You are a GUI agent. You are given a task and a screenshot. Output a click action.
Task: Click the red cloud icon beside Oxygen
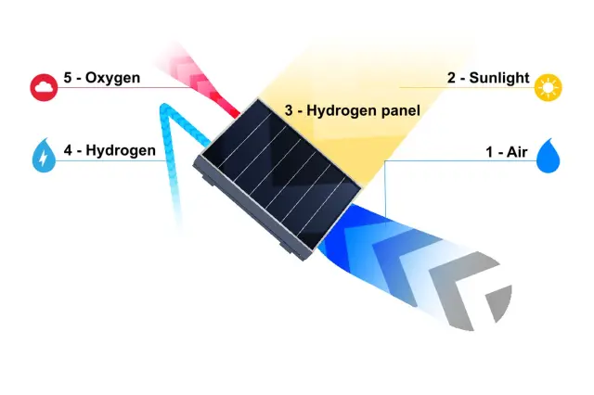pos(44,87)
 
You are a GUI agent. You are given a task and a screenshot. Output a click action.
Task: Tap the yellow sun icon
pos(548,88)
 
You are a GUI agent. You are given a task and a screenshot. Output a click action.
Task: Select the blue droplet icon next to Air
pos(549,156)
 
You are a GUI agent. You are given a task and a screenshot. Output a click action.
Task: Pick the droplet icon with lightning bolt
pos(44,155)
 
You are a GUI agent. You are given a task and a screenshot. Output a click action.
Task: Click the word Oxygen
pos(112,78)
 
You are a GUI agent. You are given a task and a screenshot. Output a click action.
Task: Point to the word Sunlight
pos(499,78)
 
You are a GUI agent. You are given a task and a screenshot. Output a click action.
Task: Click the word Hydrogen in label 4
pos(121,150)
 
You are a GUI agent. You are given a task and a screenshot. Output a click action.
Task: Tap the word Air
pos(517,152)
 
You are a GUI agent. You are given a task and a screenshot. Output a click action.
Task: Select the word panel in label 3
pos(401,111)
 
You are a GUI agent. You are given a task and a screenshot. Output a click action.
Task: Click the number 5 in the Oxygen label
pos(68,78)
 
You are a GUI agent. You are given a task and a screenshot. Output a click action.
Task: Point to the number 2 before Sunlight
pos(451,78)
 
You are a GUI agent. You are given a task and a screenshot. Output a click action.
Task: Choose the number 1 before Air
pos(489,152)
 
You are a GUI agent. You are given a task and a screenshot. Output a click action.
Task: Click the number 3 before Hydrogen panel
pos(289,110)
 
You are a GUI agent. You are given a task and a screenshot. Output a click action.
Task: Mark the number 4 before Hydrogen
pos(68,150)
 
